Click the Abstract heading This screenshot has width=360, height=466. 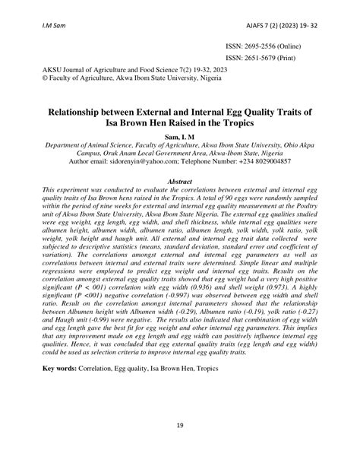tap(179, 182)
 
